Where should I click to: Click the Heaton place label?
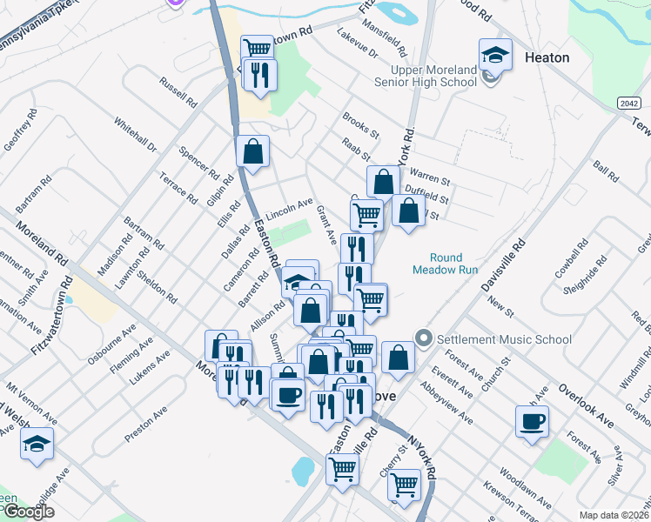click(x=547, y=57)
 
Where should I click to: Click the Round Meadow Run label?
click(x=453, y=264)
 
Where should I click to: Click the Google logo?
click(x=28, y=512)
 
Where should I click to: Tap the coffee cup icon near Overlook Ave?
click(x=532, y=422)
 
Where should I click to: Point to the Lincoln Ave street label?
click(x=289, y=208)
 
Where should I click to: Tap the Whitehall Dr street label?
click(x=134, y=136)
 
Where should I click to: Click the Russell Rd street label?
click(x=178, y=91)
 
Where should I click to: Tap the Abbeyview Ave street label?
click(x=445, y=403)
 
